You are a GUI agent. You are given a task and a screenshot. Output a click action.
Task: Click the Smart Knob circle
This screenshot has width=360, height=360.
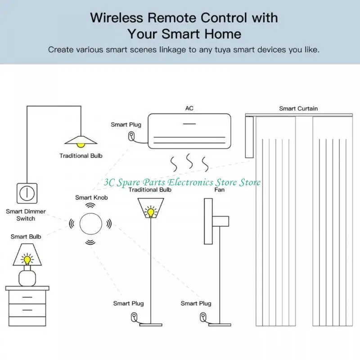pos(91,223)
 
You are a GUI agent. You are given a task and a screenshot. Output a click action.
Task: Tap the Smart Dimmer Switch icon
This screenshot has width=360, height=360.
pos(26,193)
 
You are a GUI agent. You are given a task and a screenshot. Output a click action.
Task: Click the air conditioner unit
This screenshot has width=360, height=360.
pos(189,130)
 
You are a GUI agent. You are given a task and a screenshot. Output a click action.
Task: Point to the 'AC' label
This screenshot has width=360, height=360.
pos(189,108)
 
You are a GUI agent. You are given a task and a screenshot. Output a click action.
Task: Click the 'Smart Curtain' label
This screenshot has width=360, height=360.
pos(298,108)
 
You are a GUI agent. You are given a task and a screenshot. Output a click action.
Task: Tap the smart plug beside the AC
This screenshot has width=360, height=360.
pos(131,136)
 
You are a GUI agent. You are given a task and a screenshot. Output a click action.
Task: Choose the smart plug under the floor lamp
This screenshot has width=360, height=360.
pos(134,317)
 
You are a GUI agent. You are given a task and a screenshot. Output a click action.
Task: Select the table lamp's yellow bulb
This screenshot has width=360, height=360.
pos(27,259)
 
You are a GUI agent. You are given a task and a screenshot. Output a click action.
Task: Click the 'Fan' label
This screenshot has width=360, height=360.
pos(220,190)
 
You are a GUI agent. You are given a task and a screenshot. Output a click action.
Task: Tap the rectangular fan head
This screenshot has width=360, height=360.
pos(208,215)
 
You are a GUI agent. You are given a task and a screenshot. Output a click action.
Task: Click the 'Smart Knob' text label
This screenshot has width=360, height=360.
pos(91,197)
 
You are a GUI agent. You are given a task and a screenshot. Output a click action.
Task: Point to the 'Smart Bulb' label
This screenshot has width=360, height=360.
pos(26,236)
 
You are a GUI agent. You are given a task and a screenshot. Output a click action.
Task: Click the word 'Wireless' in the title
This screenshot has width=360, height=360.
pos(118,18)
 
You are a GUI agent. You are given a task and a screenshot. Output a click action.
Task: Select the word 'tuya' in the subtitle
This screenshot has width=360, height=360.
pos(215,49)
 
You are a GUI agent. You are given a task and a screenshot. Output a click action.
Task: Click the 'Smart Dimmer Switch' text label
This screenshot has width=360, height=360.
pos(26,215)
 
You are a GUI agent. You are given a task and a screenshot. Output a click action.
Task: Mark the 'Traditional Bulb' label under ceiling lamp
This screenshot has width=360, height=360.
pos(81,156)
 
